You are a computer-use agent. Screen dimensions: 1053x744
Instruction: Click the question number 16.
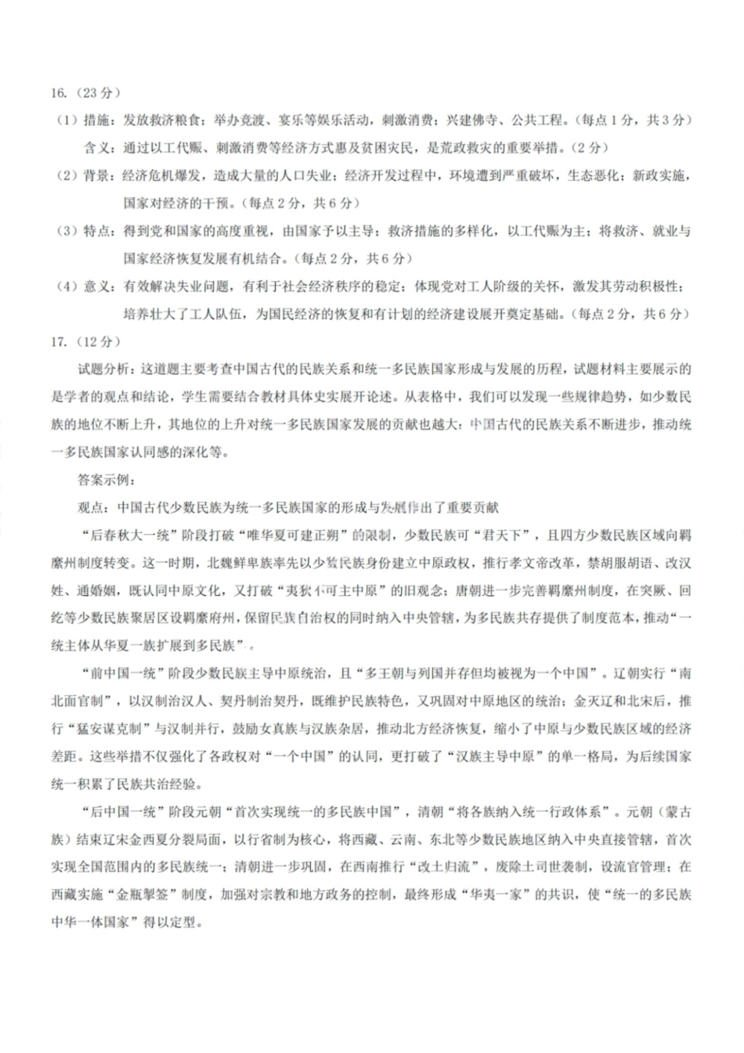click(x=60, y=93)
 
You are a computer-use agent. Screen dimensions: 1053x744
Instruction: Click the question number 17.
click(x=60, y=341)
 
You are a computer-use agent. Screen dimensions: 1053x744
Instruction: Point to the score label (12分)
click(x=96, y=341)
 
